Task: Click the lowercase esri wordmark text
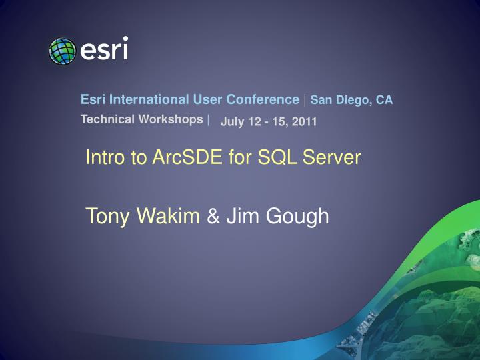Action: point(104,50)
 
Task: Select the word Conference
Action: point(263,99)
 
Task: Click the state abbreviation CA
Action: point(384,100)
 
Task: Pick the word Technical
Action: point(105,119)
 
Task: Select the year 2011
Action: point(304,121)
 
